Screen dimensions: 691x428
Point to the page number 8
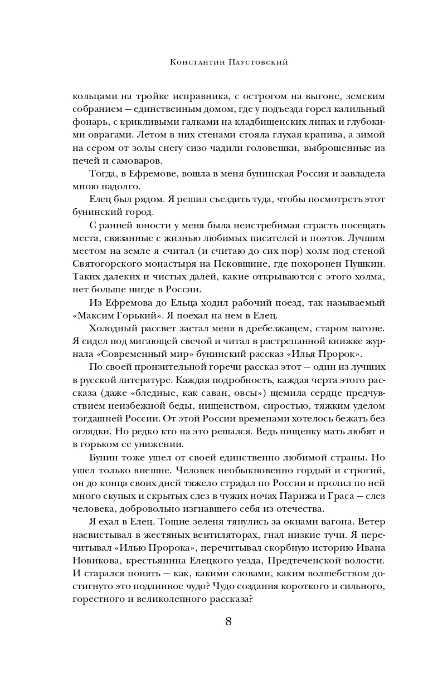[228, 622]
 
